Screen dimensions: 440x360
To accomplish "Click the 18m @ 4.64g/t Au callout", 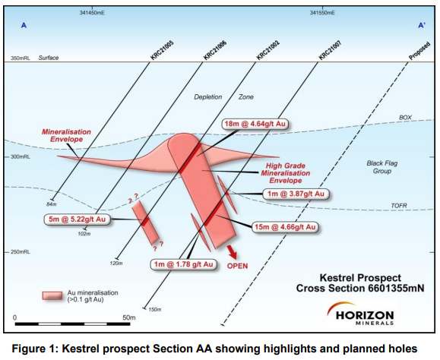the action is tap(255, 124).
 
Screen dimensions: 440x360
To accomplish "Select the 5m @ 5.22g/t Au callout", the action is tap(78, 219).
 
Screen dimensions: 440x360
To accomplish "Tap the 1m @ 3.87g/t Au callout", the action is tap(296, 194).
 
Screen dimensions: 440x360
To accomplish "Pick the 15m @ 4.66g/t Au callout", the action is tap(285, 227).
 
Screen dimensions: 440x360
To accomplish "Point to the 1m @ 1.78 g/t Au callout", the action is tap(184, 264).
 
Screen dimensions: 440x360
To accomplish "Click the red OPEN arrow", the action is tap(232, 251).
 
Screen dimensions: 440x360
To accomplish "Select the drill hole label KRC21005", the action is tap(162, 50).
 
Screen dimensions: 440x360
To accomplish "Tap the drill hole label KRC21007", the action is tap(330, 50).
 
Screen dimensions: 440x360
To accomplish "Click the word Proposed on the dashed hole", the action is tap(419, 51).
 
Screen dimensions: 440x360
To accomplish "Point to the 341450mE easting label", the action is tap(92, 13).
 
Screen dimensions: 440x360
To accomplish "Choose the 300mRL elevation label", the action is tap(21, 156).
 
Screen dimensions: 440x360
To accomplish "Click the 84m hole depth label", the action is tap(52, 204).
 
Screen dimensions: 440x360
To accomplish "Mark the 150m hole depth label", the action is tap(155, 310).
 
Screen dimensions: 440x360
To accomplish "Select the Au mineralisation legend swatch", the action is tap(52, 295).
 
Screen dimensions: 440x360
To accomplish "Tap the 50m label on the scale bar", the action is tap(128, 317).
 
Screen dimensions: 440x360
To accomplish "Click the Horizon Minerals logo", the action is tap(360, 314).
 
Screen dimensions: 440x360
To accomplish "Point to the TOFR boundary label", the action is tap(399, 206).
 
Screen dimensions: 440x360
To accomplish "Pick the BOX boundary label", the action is tap(405, 118).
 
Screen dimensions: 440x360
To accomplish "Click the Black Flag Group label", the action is tap(382, 167).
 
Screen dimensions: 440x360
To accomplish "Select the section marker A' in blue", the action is tap(422, 26).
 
